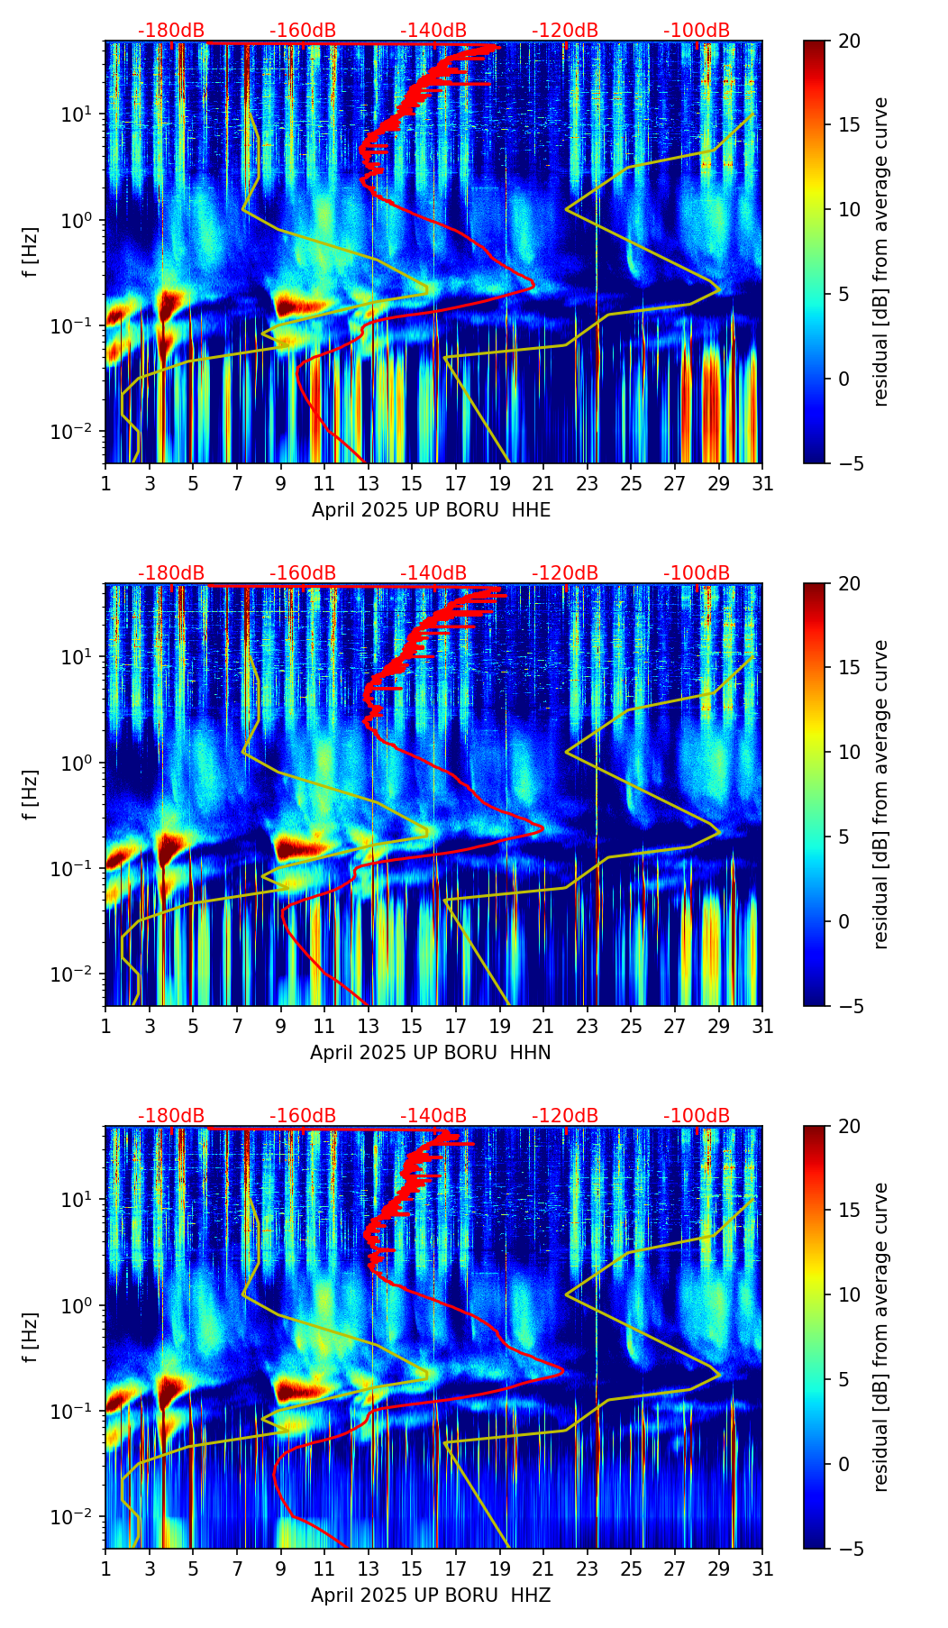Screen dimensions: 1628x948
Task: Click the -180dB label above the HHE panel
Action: [x=171, y=31]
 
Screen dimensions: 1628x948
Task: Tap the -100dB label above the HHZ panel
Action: [x=697, y=1116]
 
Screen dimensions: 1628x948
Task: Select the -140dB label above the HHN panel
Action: [x=433, y=573]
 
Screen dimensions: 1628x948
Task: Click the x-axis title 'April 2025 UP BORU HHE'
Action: [x=431, y=509]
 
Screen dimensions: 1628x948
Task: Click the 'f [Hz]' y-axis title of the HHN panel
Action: [x=32, y=794]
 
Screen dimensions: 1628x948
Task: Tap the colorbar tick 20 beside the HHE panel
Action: [x=849, y=41]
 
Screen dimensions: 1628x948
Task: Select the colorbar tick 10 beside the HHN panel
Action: [x=849, y=752]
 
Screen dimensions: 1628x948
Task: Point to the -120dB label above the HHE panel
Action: [x=565, y=31]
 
